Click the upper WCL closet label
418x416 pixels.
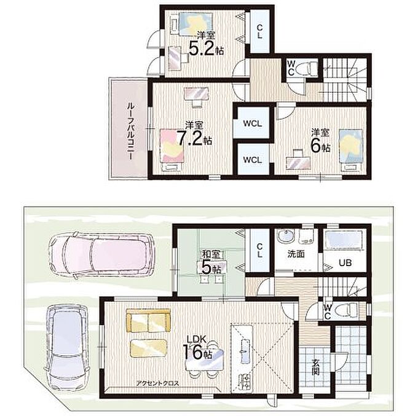(252, 124)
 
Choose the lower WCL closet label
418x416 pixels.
(252, 160)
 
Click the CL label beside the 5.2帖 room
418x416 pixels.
(259, 31)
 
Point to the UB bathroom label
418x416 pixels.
(345, 263)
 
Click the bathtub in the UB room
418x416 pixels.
(344, 240)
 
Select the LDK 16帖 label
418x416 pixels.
(197, 347)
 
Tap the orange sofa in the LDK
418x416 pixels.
(148, 321)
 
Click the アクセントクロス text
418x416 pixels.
(157, 383)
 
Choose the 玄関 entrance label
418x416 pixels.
(315, 367)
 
